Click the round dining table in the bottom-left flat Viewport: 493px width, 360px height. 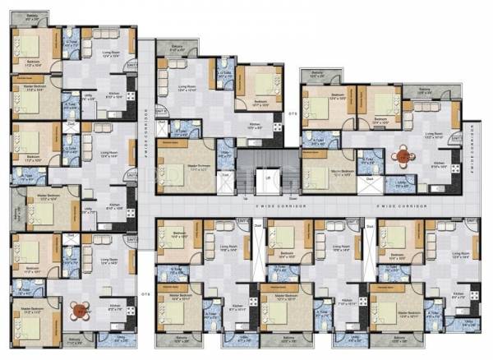click(x=80, y=310)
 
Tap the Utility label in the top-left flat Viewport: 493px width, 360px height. click(x=88, y=96)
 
